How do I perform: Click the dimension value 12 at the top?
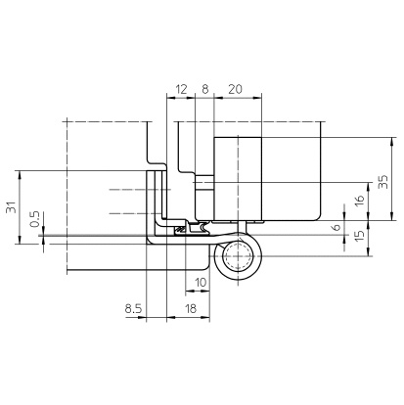pyautogui.click(x=182, y=89)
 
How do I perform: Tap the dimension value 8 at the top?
pyautogui.click(x=205, y=89)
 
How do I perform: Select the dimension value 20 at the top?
pyautogui.click(x=235, y=89)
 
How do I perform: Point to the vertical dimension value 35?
pyautogui.click(x=383, y=182)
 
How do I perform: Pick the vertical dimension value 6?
pyautogui.click(x=337, y=227)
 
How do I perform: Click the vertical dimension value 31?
pyautogui.click(x=11, y=207)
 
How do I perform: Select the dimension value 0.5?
pyautogui.click(x=34, y=219)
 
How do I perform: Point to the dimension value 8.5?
pyautogui.click(x=134, y=308)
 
